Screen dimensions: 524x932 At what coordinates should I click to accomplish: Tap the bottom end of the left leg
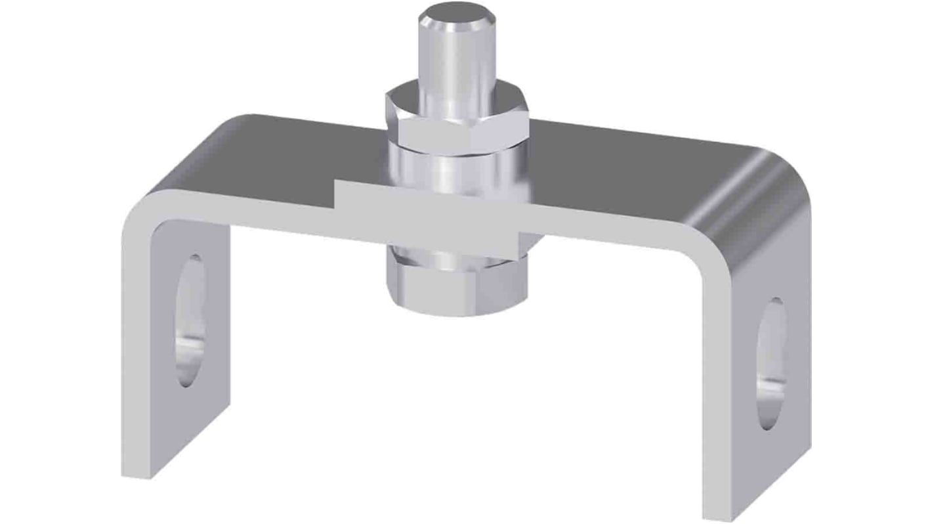(137, 466)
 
